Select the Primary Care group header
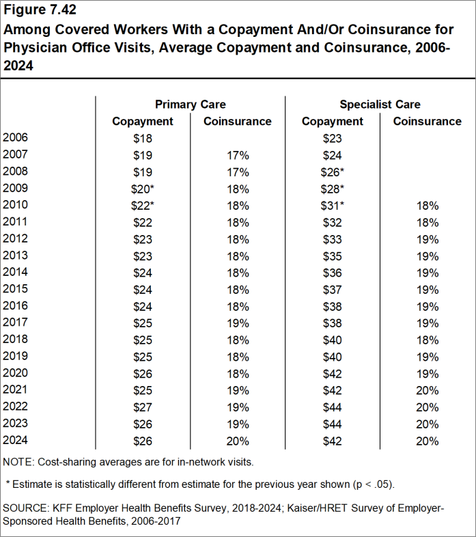pyautogui.click(x=190, y=105)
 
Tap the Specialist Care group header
pyautogui.click(x=380, y=105)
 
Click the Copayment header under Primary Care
pyautogui.click(x=143, y=122)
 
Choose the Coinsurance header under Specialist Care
pyautogui.click(x=427, y=122)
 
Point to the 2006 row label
pyautogui.click(x=16, y=138)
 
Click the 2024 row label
pyautogui.click(x=16, y=441)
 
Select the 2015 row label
pyautogui.click(x=16, y=289)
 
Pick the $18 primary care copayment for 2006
pyautogui.click(x=143, y=138)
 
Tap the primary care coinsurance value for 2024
pyautogui.click(x=238, y=441)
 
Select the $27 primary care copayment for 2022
pyautogui.click(x=143, y=407)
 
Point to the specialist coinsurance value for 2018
pyautogui.click(x=427, y=340)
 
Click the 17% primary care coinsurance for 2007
pyautogui.click(x=238, y=155)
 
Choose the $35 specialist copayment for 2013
pyautogui.click(x=332, y=256)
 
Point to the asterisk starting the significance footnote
pyautogui.click(x=8, y=484)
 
